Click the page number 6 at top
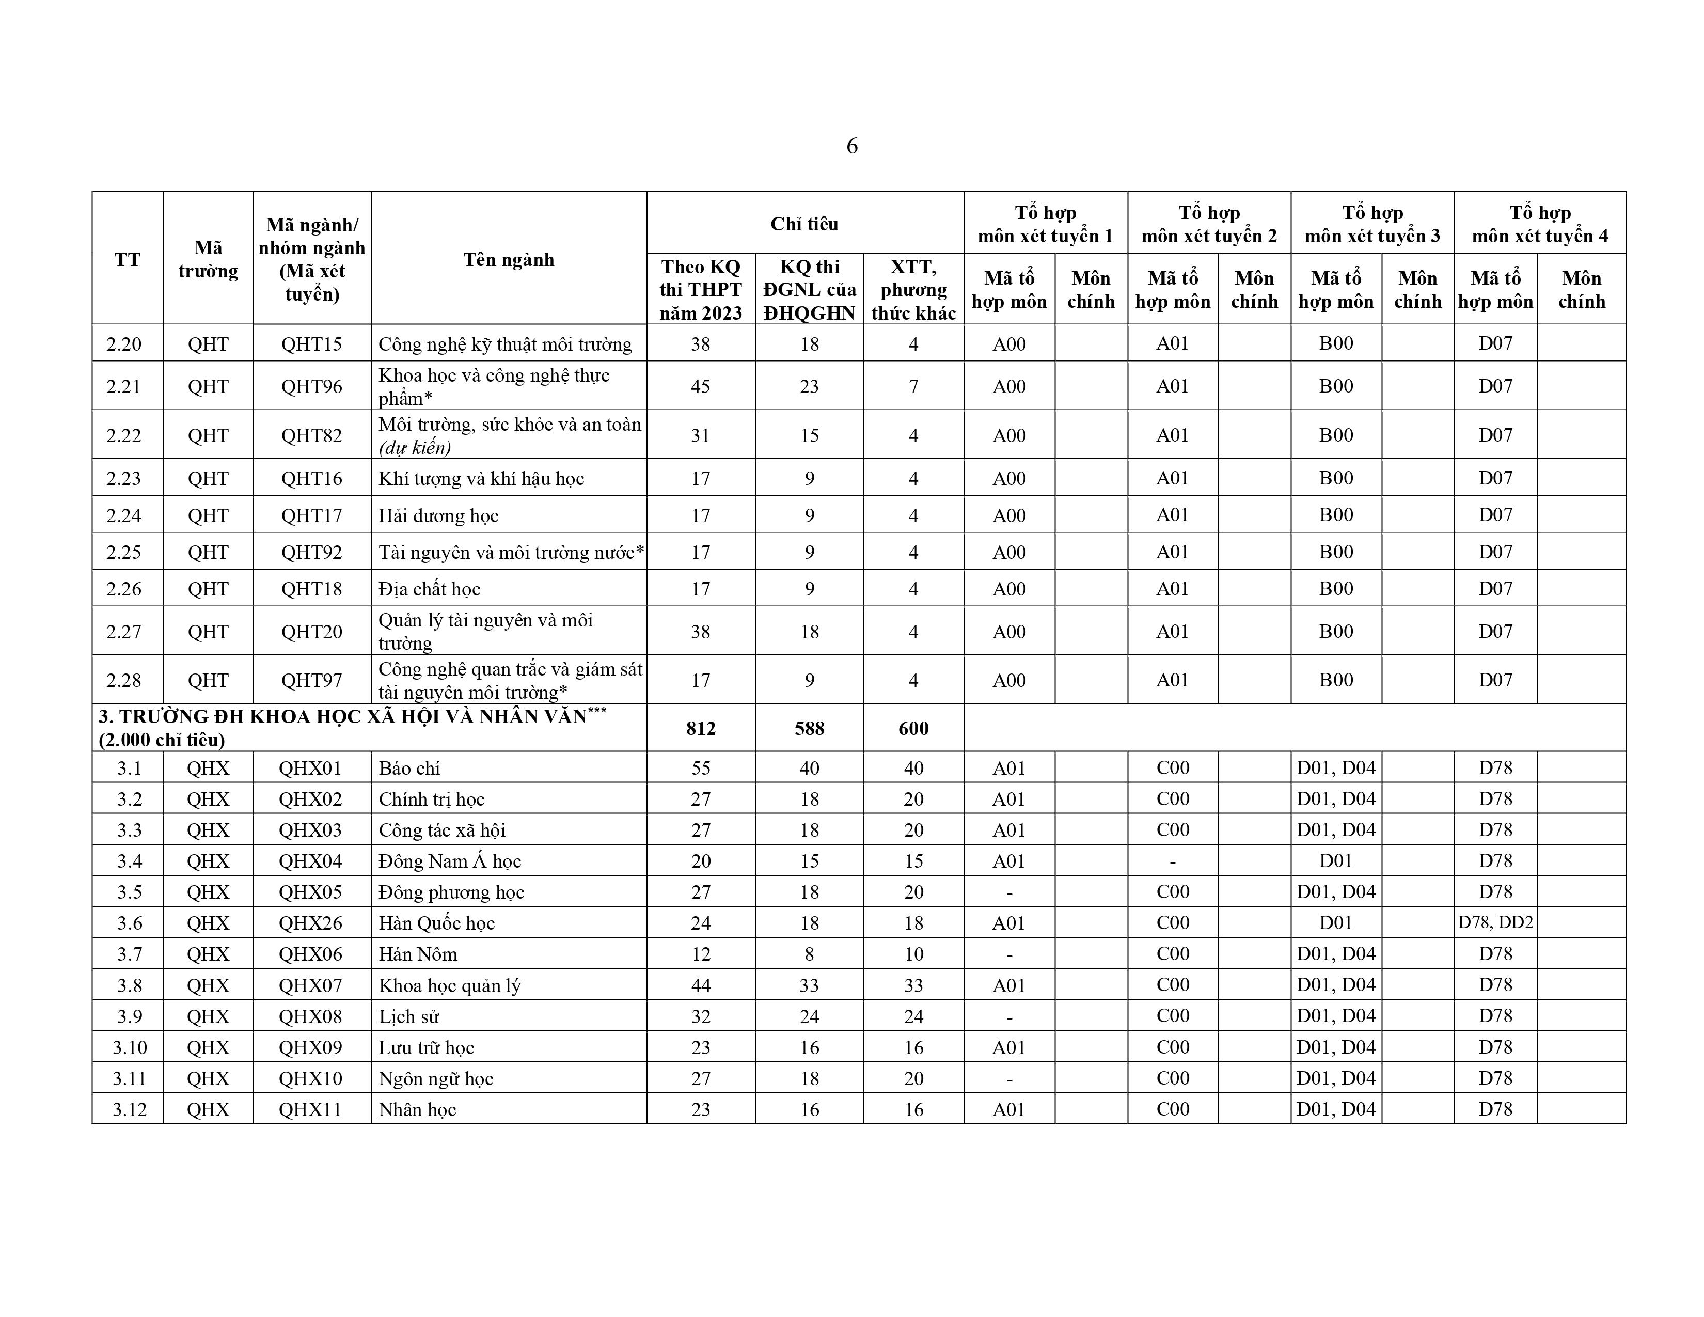(852, 146)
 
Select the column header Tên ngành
(509, 259)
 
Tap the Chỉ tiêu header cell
(804, 224)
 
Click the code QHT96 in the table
(311, 386)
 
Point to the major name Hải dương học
(438, 516)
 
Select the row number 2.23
(124, 478)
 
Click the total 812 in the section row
(701, 728)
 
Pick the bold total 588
(809, 728)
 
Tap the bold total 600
(913, 728)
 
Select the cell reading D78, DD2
(1495, 923)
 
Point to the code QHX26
(310, 923)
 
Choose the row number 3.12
(130, 1109)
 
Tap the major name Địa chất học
(429, 589)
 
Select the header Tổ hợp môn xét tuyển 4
(1539, 224)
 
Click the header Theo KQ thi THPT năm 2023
(701, 289)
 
